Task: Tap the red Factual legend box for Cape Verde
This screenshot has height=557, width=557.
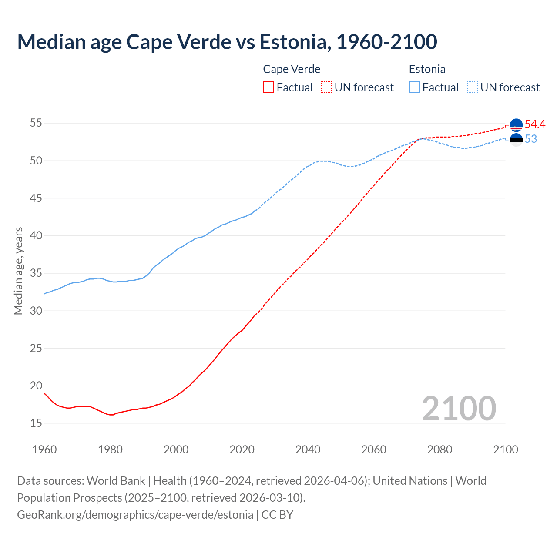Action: click(x=268, y=87)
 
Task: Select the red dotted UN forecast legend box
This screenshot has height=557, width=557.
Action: click(x=326, y=87)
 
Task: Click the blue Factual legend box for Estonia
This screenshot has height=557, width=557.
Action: click(x=415, y=87)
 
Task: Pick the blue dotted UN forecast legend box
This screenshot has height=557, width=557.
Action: click(x=473, y=87)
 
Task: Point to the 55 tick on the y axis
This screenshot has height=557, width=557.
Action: click(x=36, y=123)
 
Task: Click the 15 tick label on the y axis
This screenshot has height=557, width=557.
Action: click(x=36, y=423)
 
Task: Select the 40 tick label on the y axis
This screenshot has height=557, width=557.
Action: click(x=36, y=236)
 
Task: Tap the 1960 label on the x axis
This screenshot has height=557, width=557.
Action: click(x=44, y=450)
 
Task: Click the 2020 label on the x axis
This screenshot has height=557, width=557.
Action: click(x=242, y=450)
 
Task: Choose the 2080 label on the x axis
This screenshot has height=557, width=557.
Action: click(x=440, y=450)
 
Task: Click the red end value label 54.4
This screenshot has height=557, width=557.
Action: click(x=535, y=124)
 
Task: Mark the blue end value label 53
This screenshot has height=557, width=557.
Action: click(x=531, y=139)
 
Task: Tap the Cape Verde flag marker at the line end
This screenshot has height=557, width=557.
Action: click(x=516, y=125)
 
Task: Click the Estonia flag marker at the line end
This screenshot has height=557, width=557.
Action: click(x=516, y=140)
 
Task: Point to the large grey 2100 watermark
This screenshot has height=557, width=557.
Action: click(x=459, y=408)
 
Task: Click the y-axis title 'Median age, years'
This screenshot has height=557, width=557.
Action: click(x=18, y=271)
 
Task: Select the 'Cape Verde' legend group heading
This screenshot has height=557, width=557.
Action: click(x=292, y=69)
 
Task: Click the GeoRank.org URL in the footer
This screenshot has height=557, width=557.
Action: click(x=135, y=515)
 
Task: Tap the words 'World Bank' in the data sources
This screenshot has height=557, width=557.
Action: click(x=116, y=481)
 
